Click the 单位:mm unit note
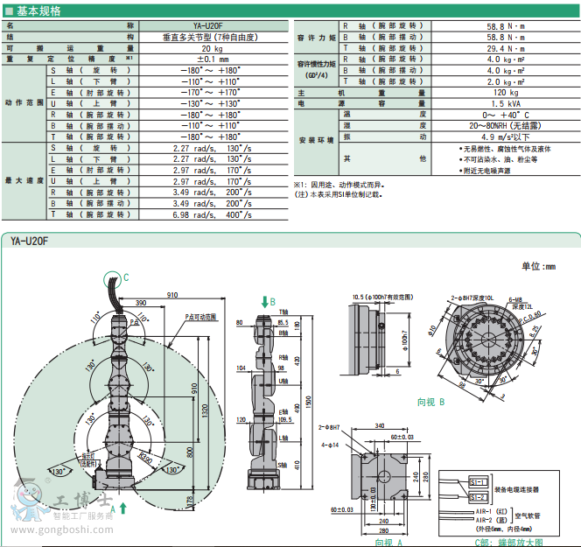538,266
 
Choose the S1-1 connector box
479,481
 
